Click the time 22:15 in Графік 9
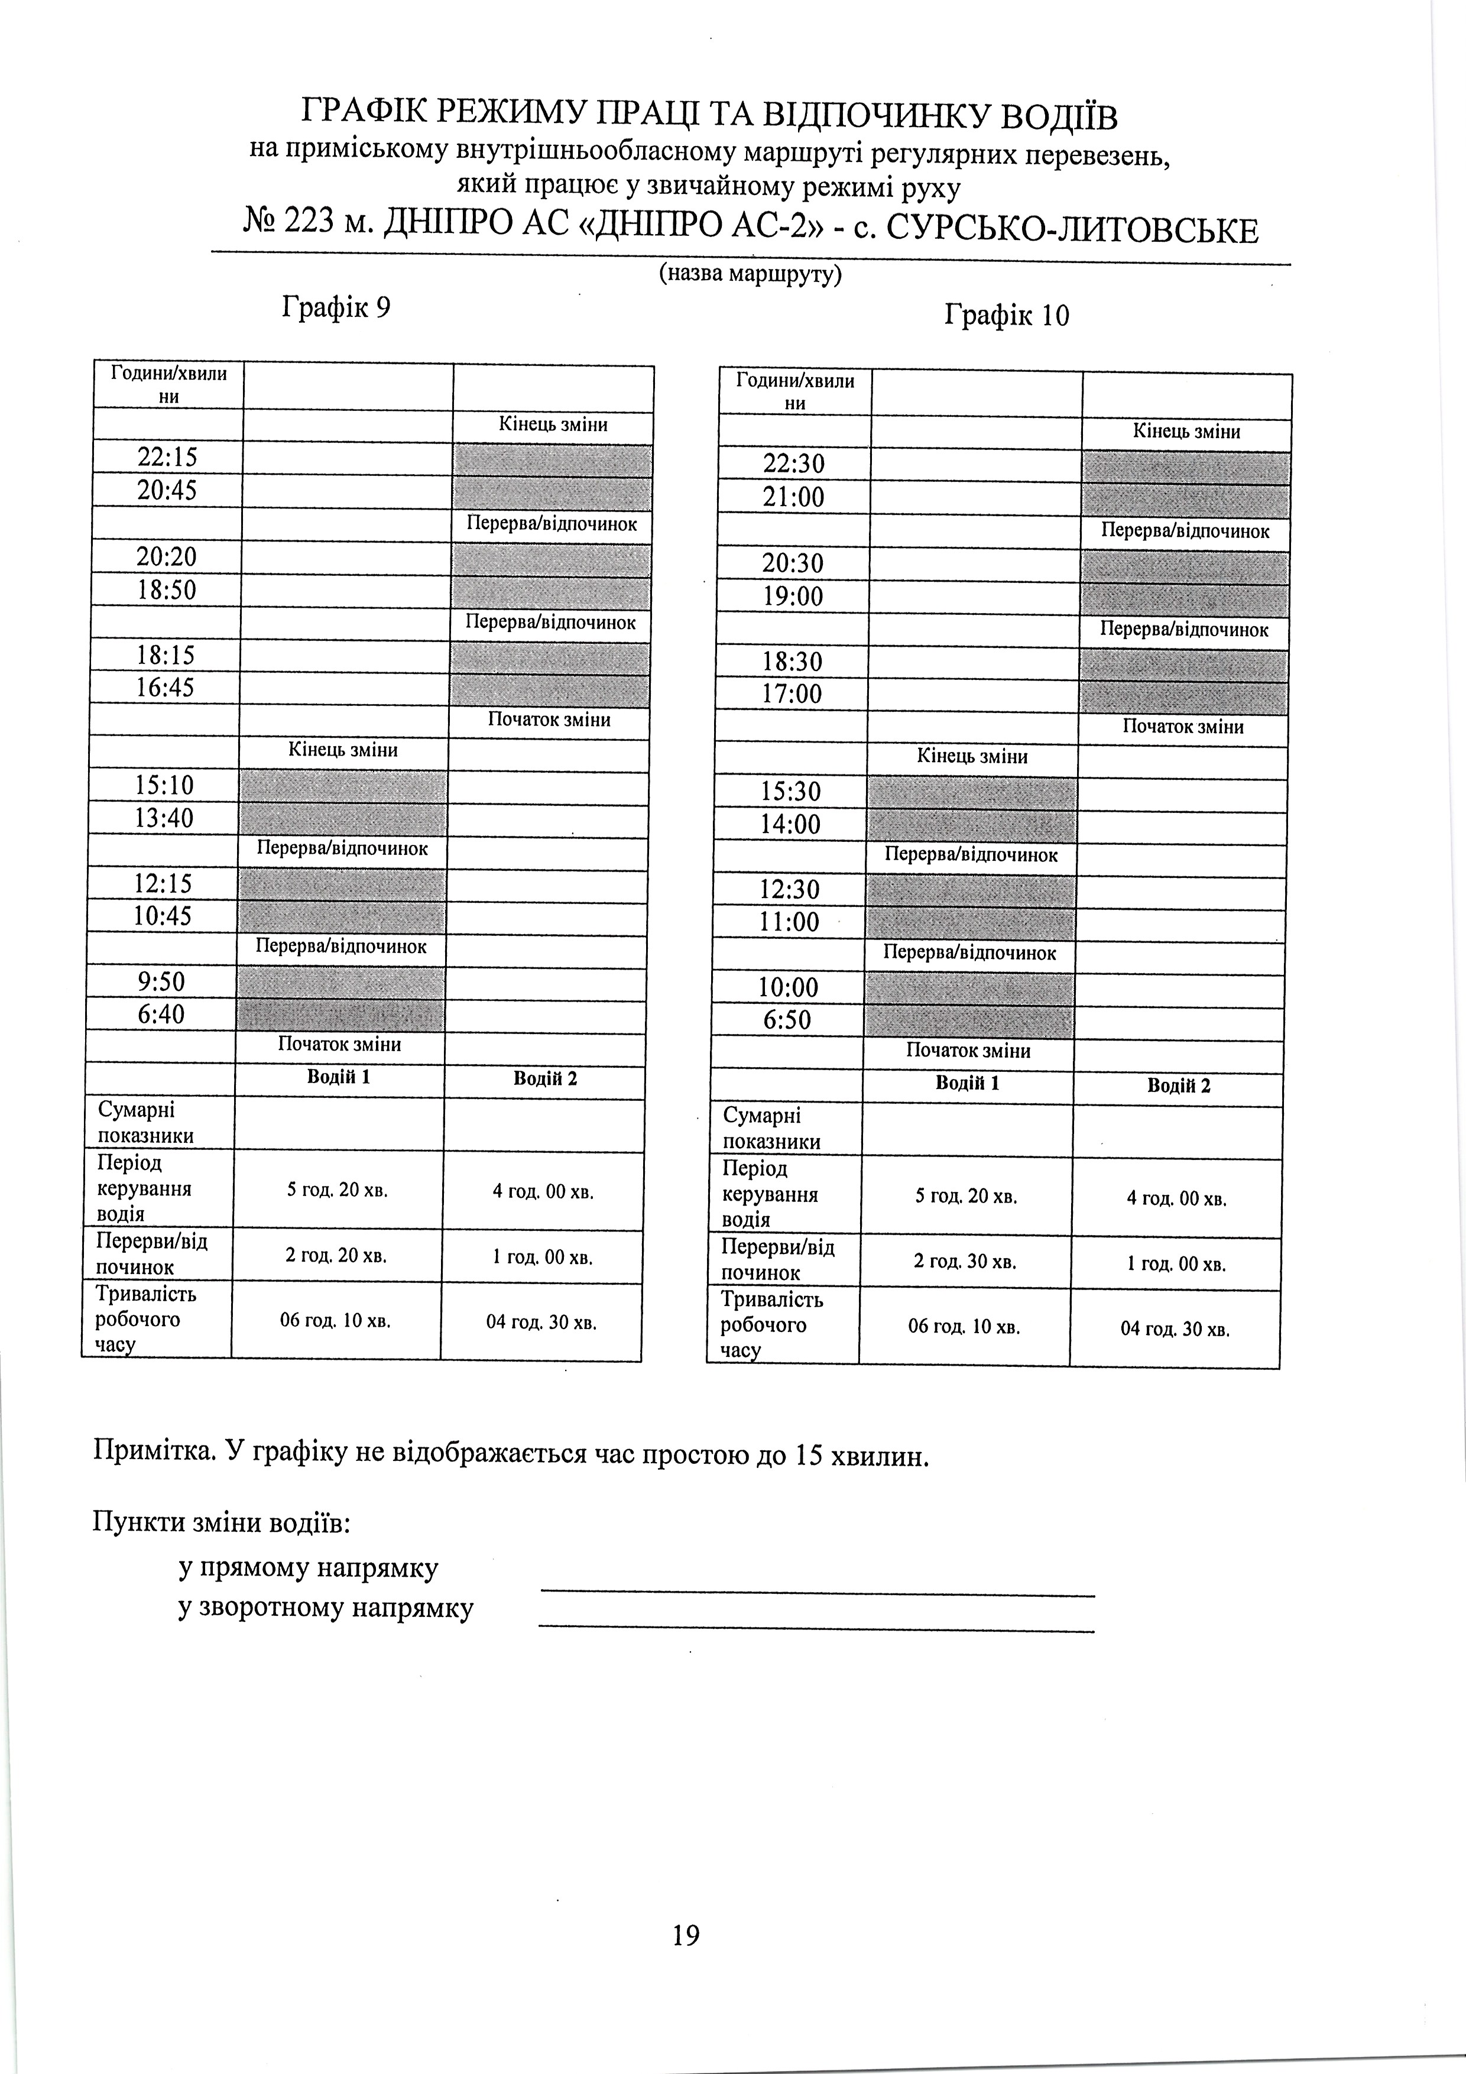tap(167, 457)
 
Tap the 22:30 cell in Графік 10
tap(794, 464)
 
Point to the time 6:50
tap(787, 1020)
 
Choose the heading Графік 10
tap(1006, 315)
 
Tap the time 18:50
tap(166, 591)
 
